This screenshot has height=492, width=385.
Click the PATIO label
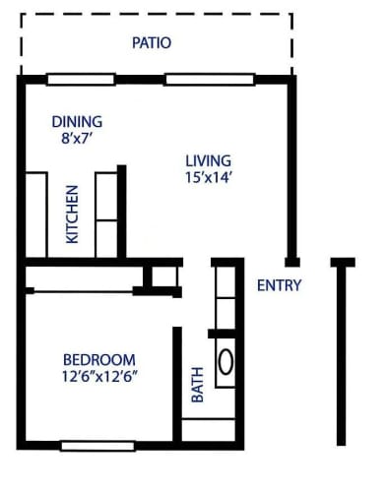(152, 43)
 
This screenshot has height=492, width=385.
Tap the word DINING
(77, 122)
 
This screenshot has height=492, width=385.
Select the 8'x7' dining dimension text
(76, 138)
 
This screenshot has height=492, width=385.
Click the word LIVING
(209, 160)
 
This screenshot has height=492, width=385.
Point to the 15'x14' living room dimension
(209, 177)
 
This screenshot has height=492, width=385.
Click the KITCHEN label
(72, 215)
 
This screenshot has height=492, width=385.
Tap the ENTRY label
(279, 285)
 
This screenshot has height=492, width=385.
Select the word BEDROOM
(99, 360)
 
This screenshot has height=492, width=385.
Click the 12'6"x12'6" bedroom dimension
(99, 377)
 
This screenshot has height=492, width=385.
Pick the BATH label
(198, 385)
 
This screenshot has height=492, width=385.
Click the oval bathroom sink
(225, 362)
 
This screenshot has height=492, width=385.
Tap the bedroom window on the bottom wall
(97, 446)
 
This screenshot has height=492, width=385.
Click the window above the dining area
(81, 80)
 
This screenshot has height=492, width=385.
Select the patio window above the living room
(210, 80)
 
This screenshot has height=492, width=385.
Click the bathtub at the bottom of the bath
(209, 430)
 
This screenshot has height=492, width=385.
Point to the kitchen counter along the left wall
(36, 215)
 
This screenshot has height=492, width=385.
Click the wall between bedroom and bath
(177, 385)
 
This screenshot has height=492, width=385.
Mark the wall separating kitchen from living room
(122, 212)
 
